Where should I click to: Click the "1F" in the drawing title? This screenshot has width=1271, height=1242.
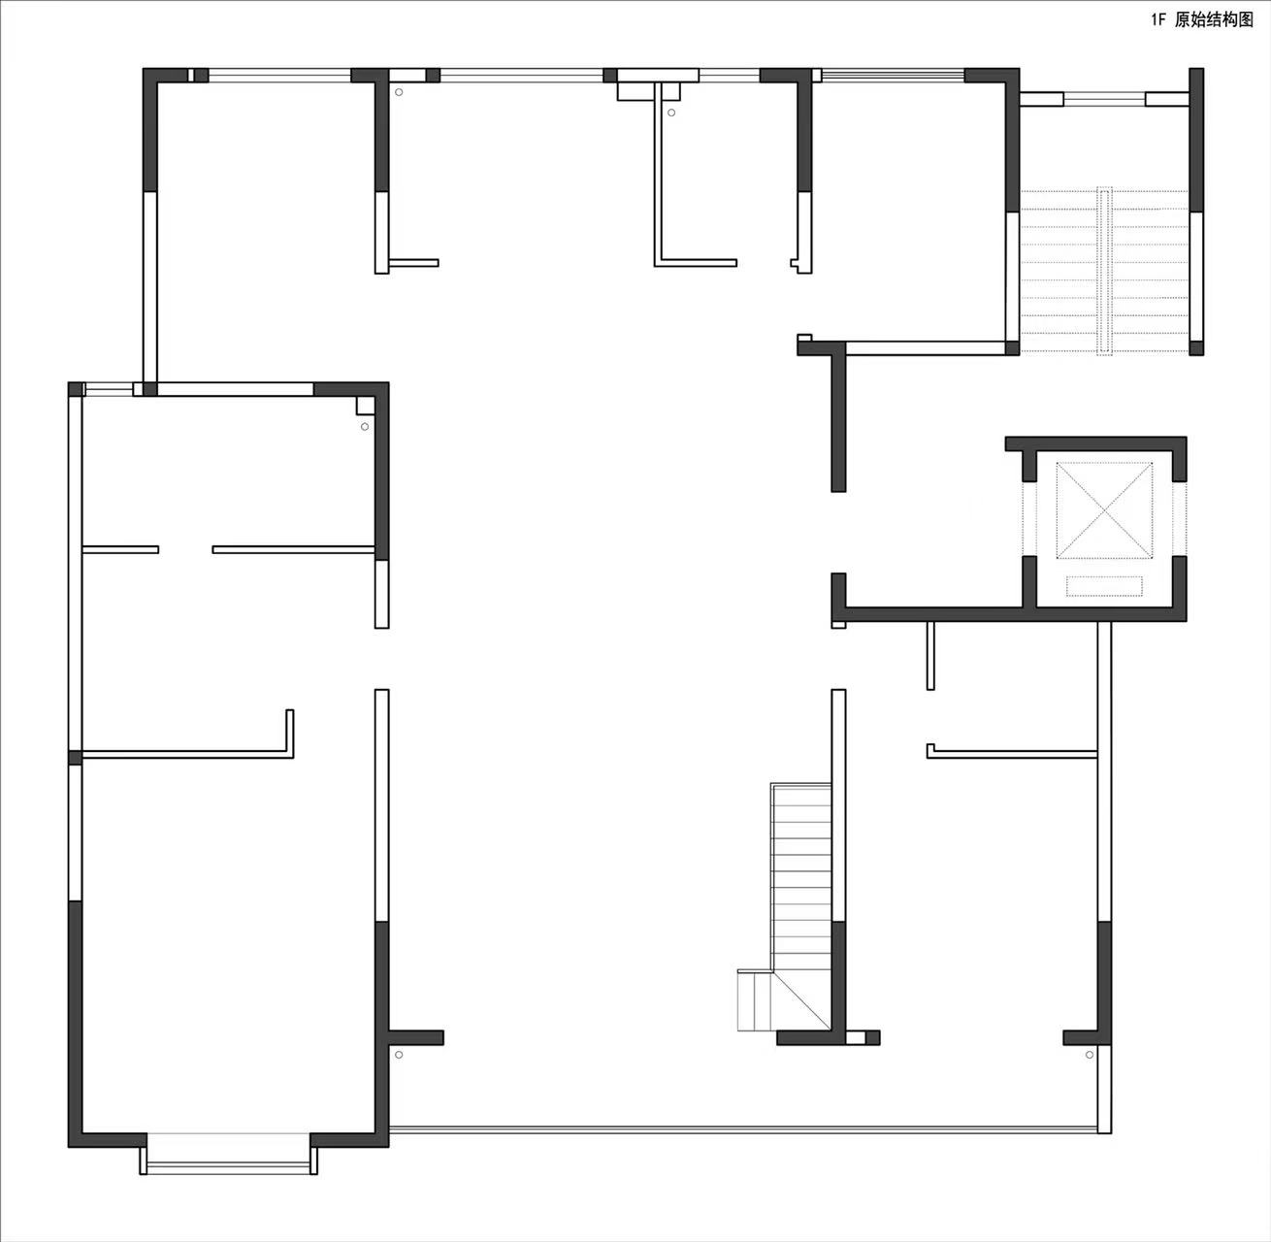(1158, 20)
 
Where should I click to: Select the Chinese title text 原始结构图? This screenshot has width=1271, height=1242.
(1214, 20)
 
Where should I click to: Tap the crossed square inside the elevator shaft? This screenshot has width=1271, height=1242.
(1104, 510)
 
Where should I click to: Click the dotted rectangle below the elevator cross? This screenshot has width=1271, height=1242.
(1104, 585)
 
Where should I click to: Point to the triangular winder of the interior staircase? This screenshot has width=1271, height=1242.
(800, 1001)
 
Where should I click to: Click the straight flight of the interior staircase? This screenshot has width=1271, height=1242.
(800, 877)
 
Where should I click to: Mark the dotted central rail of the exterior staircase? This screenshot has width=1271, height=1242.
(1104, 271)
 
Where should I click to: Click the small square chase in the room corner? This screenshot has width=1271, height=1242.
(365, 405)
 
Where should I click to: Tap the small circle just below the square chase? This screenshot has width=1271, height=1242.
(365, 427)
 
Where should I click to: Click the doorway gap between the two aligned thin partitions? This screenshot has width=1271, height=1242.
(185, 549)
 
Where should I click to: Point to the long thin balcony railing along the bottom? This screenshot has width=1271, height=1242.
(742, 1129)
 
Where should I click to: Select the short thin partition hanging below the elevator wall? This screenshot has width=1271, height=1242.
(930, 655)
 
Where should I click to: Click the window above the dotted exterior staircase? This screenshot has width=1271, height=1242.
(1104, 99)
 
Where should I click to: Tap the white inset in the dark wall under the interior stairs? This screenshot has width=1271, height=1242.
(856, 1037)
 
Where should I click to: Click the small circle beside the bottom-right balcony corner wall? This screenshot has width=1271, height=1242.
(1090, 1055)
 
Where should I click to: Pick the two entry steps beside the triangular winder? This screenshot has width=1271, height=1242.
(755, 1001)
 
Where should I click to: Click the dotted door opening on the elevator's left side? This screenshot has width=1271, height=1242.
(1029, 519)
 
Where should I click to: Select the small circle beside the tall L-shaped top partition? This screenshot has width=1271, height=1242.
(671, 113)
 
